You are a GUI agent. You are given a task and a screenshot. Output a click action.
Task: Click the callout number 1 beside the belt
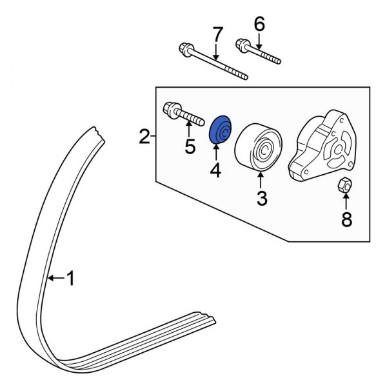pos(72,279)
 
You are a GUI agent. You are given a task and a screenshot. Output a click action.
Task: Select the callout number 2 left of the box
pos(144,136)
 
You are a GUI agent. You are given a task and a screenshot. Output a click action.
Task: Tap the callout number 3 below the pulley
pos(261,198)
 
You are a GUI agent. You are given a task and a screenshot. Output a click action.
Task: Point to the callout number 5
pos(190,146)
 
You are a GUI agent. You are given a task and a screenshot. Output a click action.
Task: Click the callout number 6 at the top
pos(259,25)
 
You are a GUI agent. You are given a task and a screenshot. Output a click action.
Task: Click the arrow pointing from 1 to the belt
pos(57,279)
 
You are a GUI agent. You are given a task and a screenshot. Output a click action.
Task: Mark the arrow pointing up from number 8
pos(346,202)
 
